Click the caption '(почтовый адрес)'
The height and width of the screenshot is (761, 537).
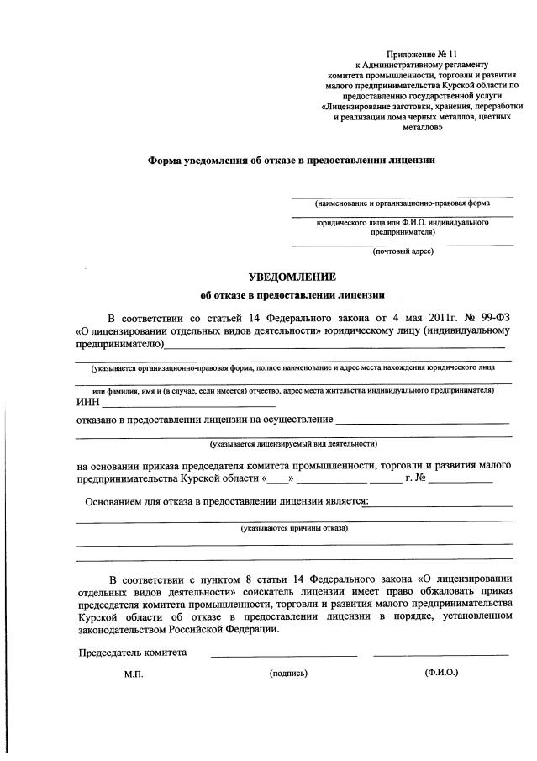(x=403, y=251)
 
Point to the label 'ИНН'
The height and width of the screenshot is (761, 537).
(x=87, y=402)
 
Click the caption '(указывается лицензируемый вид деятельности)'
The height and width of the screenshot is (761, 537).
(x=293, y=443)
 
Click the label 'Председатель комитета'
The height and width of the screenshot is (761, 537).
(x=133, y=653)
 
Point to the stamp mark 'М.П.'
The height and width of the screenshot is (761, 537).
(x=134, y=674)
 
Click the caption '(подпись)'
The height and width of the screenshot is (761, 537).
(x=288, y=674)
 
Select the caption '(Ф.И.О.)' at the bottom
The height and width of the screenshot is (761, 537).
(x=442, y=673)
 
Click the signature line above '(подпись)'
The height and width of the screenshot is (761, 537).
(x=283, y=655)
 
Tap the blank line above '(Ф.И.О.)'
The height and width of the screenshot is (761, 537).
(x=440, y=655)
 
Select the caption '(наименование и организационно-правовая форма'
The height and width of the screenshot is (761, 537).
(x=403, y=204)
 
